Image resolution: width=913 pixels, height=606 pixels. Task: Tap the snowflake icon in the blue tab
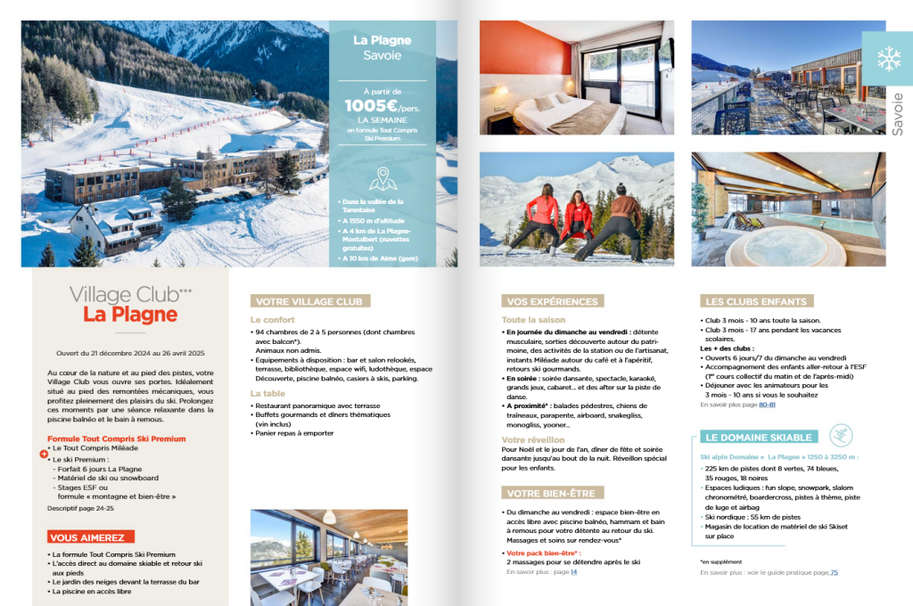click(888, 59)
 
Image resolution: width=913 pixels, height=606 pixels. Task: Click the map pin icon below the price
click(382, 179)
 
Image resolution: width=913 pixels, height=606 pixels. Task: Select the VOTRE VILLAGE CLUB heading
click(309, 301)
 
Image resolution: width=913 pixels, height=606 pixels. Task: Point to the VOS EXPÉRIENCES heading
click(553, 301)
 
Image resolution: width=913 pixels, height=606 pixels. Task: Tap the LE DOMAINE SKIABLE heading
click(759, 438)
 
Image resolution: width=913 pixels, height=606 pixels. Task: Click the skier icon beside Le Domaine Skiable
click(840, 435)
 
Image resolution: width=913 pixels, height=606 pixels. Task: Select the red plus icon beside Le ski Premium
click(44, 454)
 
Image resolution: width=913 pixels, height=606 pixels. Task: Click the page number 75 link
click(834, 573)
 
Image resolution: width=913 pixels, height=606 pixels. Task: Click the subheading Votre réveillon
click(532, 439)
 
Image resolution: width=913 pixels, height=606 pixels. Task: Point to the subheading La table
click(267, 393)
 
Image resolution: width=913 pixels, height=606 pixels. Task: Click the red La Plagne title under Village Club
click(130, 315)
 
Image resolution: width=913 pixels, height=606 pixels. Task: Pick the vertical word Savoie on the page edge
click(897, 113)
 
